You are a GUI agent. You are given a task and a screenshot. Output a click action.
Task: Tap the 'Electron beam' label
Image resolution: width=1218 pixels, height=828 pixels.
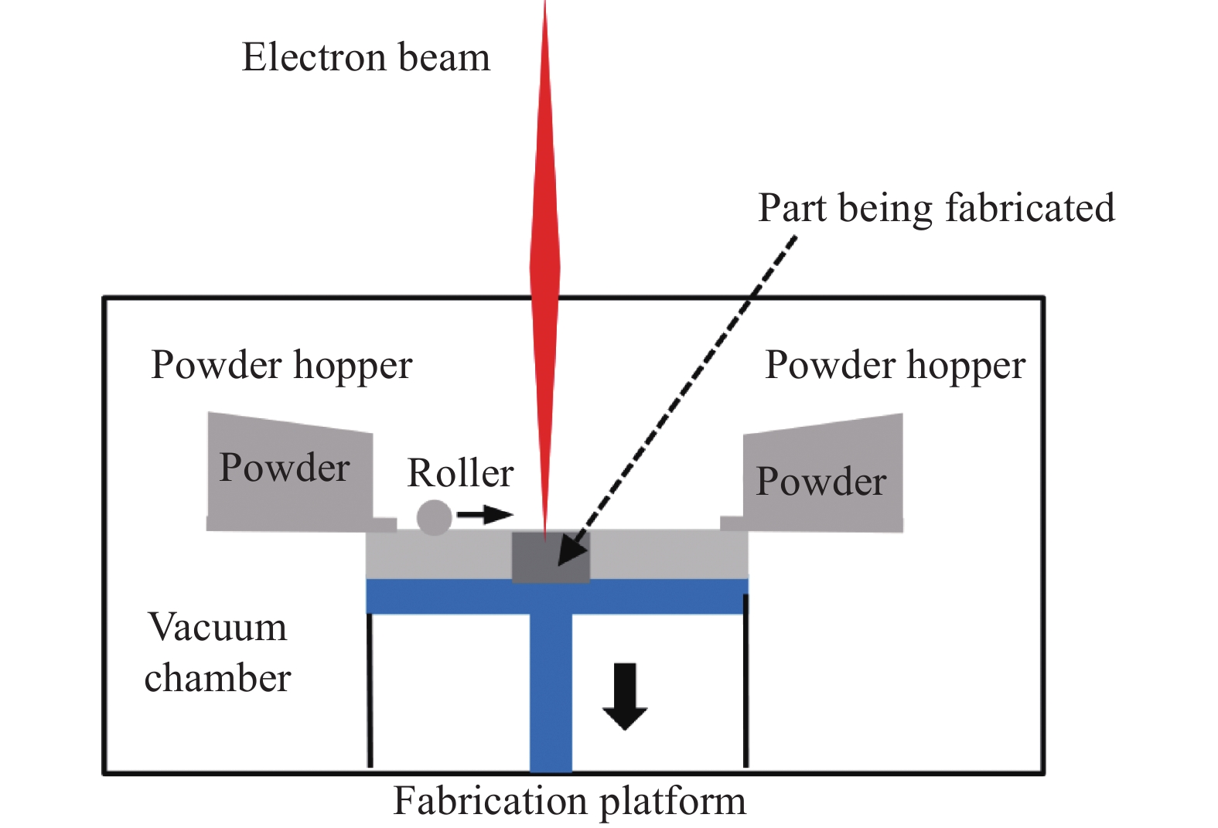coord(366,58)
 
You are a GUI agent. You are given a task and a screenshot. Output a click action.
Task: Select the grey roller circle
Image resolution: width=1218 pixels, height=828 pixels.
coord(434,517)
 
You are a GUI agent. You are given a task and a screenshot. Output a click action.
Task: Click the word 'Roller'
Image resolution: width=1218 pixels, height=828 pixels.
coord(460,473)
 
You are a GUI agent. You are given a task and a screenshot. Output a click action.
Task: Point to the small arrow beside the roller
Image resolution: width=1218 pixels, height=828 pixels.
coord(485,514)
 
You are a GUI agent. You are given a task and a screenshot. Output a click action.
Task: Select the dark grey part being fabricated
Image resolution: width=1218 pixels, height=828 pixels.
coord(551,557)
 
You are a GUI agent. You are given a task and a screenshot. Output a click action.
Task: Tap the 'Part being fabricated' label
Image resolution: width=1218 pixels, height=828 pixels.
coord(936,209)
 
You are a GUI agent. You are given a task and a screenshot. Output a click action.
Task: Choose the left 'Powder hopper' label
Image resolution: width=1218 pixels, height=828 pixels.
coord(281,366)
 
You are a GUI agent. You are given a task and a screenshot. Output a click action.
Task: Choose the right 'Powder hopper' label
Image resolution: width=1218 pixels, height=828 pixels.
coord(895,366)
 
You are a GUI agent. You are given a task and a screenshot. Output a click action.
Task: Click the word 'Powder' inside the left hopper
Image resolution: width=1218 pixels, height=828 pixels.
coord(285,469)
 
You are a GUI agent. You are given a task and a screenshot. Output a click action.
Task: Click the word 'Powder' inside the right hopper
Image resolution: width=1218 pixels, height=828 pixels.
coord(821,482)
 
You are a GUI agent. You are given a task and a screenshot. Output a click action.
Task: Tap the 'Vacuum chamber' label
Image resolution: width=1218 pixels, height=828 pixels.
coord(217,652)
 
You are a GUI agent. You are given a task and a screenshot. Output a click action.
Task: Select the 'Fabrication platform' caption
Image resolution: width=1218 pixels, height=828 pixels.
coord(569,802)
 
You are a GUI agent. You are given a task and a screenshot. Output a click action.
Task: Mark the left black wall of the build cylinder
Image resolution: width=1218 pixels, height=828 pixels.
coord(370,688)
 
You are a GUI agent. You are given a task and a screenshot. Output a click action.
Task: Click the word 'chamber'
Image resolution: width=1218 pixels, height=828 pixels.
coord(217,679)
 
